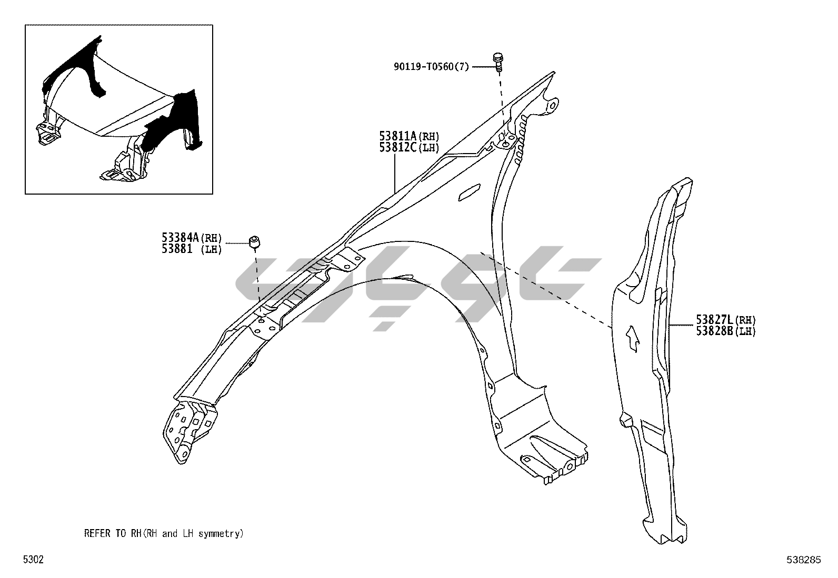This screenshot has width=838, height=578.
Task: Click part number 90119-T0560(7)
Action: coord(431,67)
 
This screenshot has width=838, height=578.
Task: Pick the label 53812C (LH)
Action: coord(409,148)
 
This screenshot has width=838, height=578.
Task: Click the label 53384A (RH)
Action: coord(192,238)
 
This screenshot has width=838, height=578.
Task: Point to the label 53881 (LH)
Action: coord(192,249)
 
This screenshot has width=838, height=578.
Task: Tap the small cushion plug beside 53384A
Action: coord(255,242)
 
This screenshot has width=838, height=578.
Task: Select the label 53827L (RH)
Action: coord(725,319)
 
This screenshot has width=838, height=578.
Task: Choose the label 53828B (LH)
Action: coord(725,331)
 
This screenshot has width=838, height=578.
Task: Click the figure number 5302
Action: coord(33,560)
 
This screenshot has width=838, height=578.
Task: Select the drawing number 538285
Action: coord(804,560)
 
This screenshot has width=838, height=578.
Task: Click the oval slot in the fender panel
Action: coord(468,192)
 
